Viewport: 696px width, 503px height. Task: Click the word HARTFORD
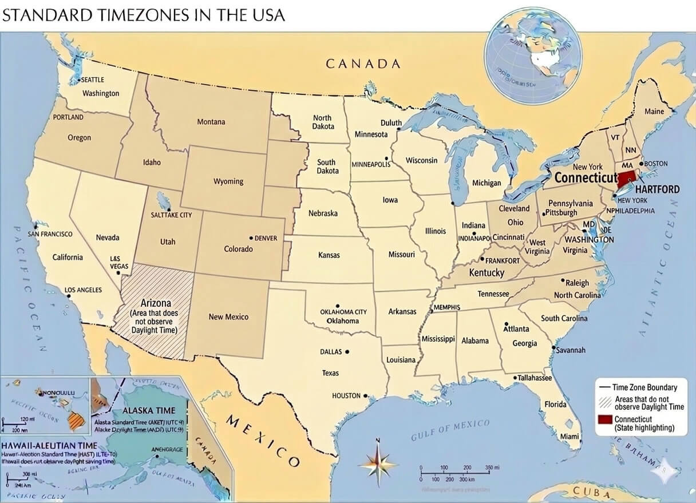(x=658, y=189)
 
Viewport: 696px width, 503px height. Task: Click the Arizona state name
(x=156, y=303)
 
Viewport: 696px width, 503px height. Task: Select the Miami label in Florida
(x=570, y=436)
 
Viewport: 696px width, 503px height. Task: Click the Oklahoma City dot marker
(x=338, y=306)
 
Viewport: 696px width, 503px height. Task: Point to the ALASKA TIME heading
(x=149, y=411)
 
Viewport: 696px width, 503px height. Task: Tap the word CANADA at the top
(x=363, y=64)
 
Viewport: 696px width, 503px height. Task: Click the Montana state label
(x=211, y=121)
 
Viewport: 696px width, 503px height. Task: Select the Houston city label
(x=346, y=395)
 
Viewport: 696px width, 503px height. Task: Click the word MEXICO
(x=263, y=441)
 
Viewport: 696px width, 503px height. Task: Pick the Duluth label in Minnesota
(x=391, y=123)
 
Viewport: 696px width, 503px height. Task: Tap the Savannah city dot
(x=553, y=347)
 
